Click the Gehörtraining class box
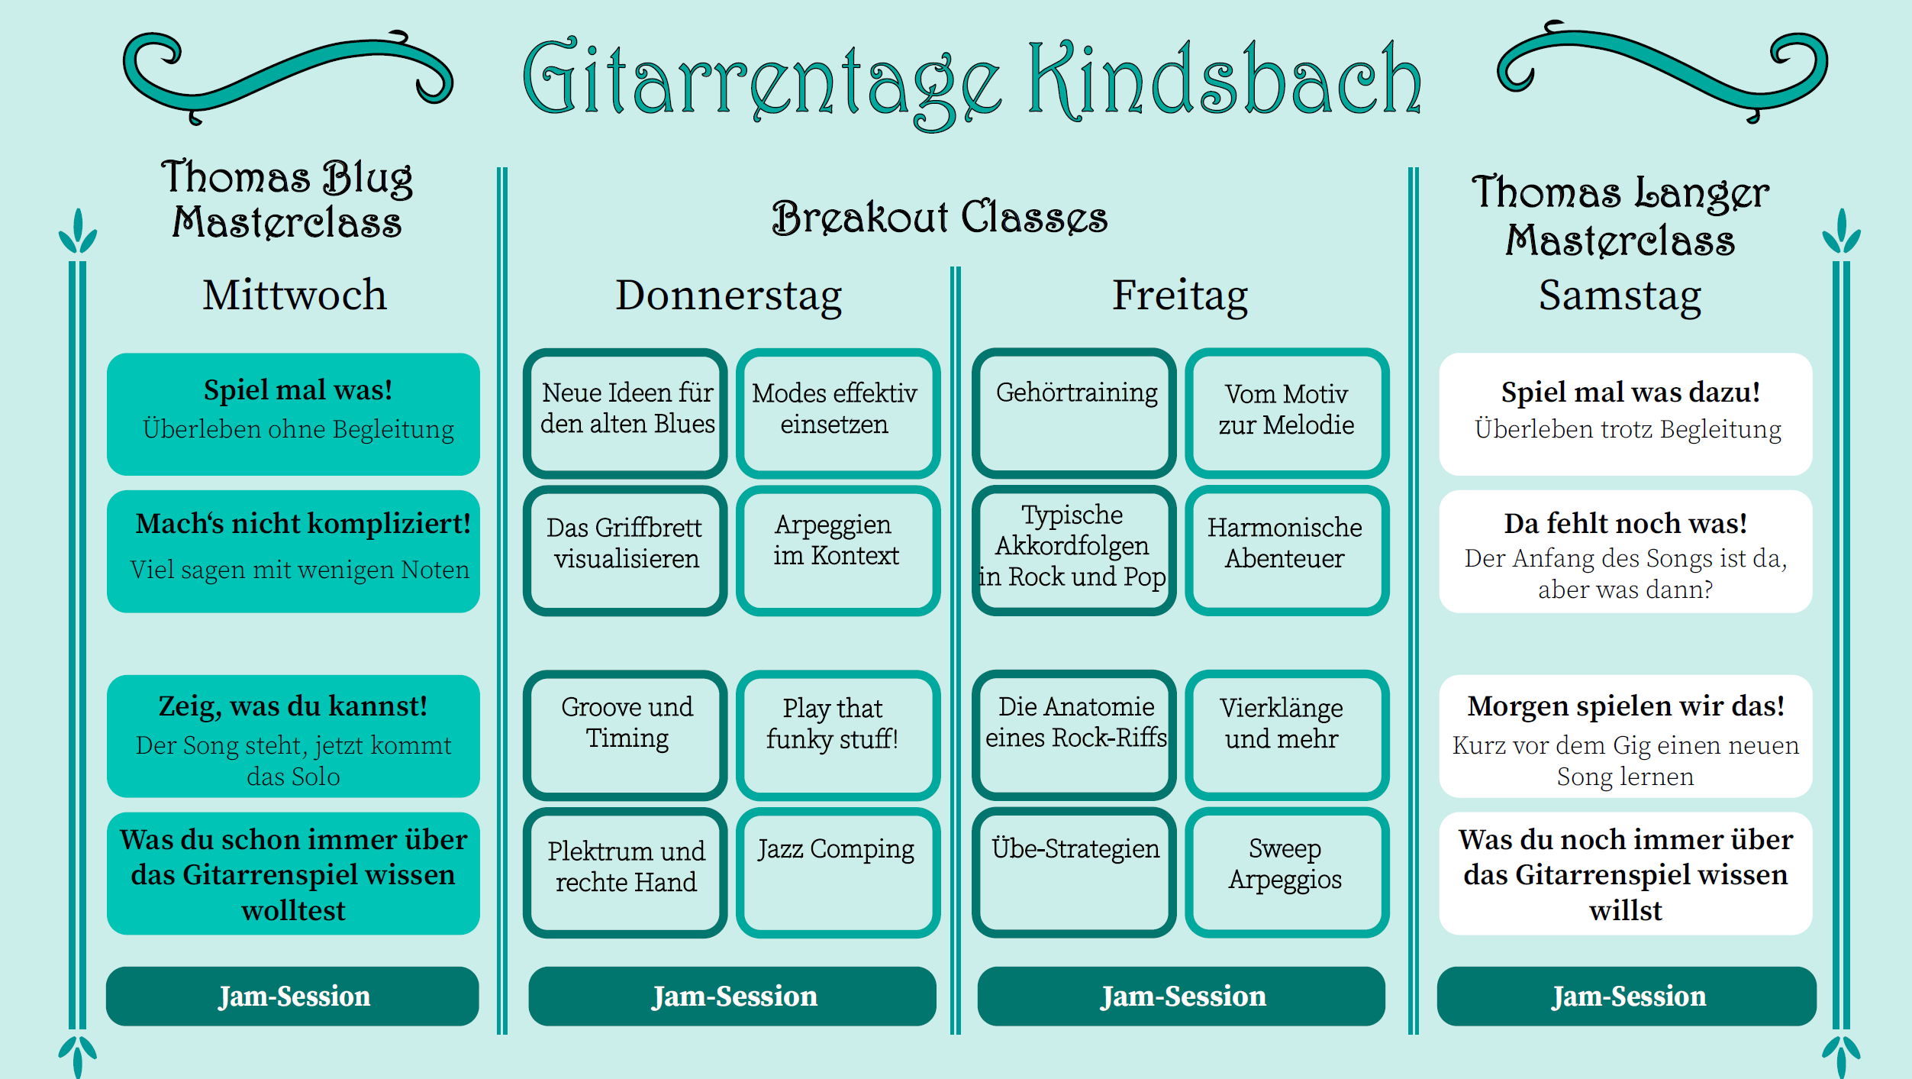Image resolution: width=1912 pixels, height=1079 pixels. (1074, 412)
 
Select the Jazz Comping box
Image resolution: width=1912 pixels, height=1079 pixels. (837, 872)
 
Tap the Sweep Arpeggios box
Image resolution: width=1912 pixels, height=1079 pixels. (1286, 872)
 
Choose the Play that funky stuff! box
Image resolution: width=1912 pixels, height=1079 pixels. (837, 734)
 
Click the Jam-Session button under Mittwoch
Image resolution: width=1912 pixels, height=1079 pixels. (293, 996)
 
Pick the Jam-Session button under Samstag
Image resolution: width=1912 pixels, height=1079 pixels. (1627, 996)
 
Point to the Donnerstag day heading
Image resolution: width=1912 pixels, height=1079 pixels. (728, 296)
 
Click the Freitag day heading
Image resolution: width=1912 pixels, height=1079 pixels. (1179, 296)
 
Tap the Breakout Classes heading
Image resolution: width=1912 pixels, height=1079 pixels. (939, 218)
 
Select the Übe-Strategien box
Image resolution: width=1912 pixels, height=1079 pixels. (1074, 872)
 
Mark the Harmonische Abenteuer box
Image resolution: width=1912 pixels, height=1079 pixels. (1286, 550)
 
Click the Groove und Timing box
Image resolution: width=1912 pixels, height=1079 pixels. (625, 734)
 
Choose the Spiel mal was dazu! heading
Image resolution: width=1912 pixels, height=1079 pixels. (1630, 392)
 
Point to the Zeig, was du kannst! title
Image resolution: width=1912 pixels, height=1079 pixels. (293, 706)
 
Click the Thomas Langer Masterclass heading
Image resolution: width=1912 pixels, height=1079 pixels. (1620, 215)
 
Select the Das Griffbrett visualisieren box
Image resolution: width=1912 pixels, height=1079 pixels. (625, 550)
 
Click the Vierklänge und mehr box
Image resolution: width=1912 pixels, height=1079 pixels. (1286, 734)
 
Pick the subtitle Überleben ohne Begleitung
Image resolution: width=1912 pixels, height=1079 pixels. (298, 429)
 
